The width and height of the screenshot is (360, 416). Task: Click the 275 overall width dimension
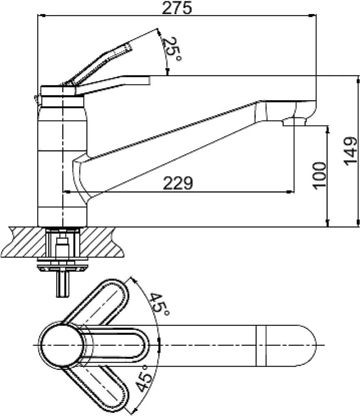coord(177,8)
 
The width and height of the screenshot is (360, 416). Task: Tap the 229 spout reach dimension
coord(178,183)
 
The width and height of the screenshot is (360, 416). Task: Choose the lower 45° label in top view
coord(143,379)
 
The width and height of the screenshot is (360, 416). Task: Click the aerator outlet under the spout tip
coord(294,122)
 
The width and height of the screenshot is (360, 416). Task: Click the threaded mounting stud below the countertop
coord(62,284)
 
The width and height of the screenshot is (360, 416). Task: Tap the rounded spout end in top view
coord(305,345)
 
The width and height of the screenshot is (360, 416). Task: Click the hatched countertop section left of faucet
coord(24,242)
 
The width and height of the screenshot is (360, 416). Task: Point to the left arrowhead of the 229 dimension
coord(66,191)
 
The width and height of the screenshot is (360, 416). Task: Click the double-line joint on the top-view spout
coord(261,345)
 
